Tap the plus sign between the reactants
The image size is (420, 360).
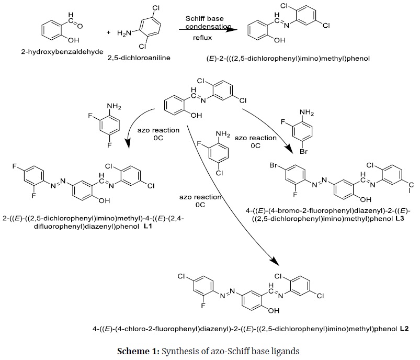(108, 32)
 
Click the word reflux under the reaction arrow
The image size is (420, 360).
(202, 38)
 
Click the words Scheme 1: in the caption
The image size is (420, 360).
(138, 351)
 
